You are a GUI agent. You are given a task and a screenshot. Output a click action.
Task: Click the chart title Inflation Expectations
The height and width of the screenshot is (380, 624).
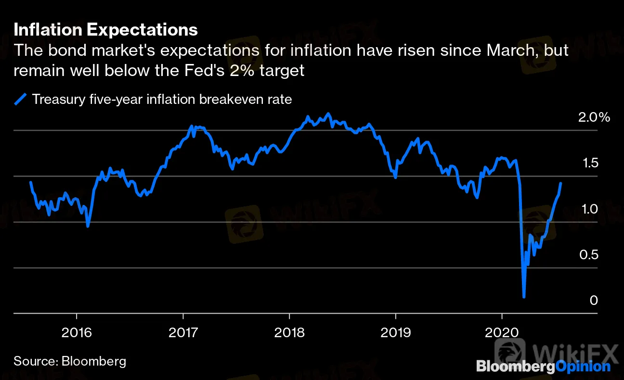tap(105, 30)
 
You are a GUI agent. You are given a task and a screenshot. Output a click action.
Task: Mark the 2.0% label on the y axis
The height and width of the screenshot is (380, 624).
tap(593, 117)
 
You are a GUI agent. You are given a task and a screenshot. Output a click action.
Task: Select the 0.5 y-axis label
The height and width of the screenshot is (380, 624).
tap(587, 254)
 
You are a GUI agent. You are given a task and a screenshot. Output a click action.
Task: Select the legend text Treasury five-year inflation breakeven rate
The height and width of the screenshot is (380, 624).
tap(162, 100)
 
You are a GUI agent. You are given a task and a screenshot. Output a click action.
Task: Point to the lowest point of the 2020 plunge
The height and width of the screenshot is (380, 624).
tap(524, 297)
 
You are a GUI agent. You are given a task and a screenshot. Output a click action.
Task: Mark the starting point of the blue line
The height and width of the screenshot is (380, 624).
tap(30, 182)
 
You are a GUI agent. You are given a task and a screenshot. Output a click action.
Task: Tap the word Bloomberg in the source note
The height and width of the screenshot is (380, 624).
tap(94, 361)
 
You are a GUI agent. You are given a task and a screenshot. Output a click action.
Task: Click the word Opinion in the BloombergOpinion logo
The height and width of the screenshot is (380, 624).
tap(583, 367)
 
